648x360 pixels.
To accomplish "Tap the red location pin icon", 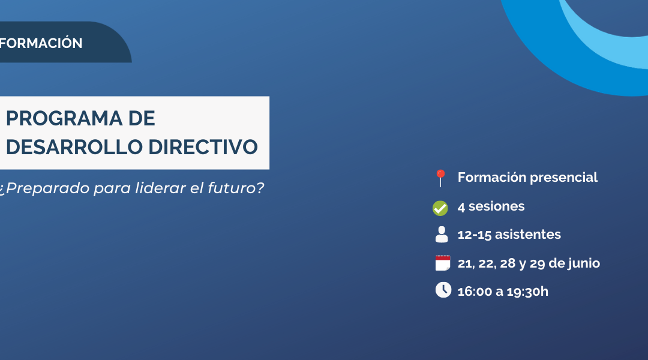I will [441, 178].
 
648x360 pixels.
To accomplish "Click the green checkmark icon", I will [440, 208].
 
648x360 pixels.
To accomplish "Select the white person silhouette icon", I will [442, 235].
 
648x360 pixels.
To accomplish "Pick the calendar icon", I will [443, 263].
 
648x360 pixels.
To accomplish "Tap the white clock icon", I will [443, 290].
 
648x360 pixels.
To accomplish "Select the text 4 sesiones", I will [491, 206].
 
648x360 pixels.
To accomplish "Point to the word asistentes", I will [528, 235].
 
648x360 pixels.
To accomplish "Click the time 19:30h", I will [529, 292].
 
